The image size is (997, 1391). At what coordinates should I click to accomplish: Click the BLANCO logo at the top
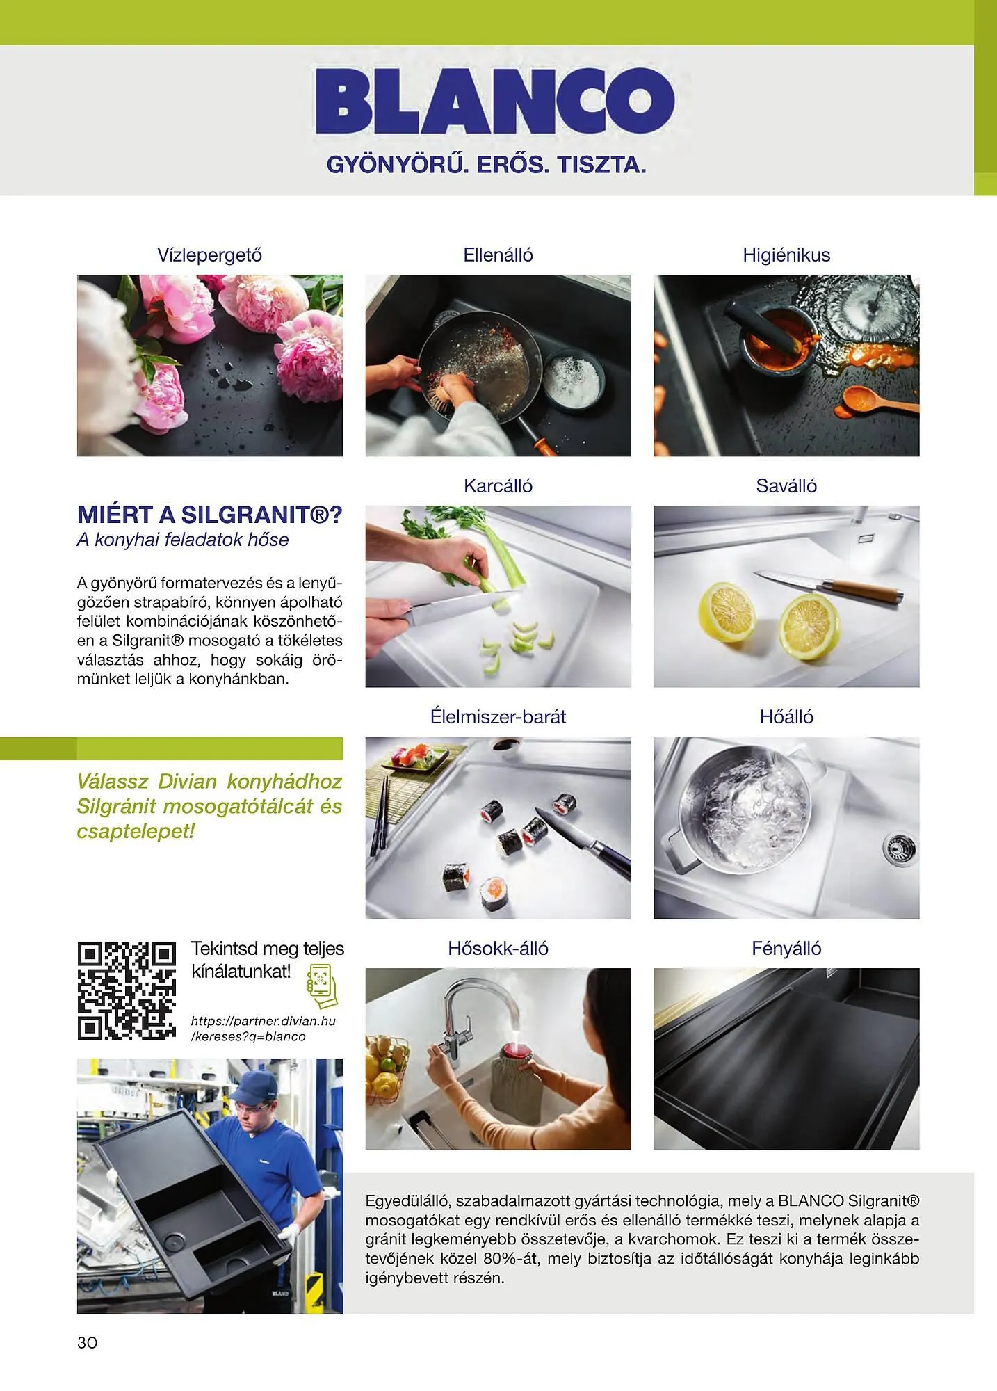pyautogui.click(x=495, y=101)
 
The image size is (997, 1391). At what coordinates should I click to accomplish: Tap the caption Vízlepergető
pyautogui.click(x=209, y=255)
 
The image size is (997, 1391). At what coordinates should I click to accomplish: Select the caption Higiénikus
pyautogui.click(x=786, y=255)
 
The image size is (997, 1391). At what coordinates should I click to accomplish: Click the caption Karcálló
pyautogui.click(x=498, y=485)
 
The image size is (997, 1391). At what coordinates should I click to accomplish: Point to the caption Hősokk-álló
pyautogui.click(x=498, y=948)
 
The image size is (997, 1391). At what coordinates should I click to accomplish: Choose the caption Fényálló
pyautogui.click(x=786, y=948)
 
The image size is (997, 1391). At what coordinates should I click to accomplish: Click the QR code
pyautogui.click(x=127, y=991)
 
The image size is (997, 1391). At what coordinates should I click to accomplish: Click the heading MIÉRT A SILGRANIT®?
pyautogui.click(x=210, y=515)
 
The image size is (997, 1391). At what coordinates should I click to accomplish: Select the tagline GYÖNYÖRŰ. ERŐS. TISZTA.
pyautogui.click(x=487, y=165)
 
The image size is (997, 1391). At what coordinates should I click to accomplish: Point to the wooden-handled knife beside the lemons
pyautogui.click(x=829, y=587)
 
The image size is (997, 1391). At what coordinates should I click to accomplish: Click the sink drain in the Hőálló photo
pyautogui.click(x=899, y=849)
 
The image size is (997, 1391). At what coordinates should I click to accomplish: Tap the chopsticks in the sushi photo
pyautogui.click(x=379, y=815)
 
